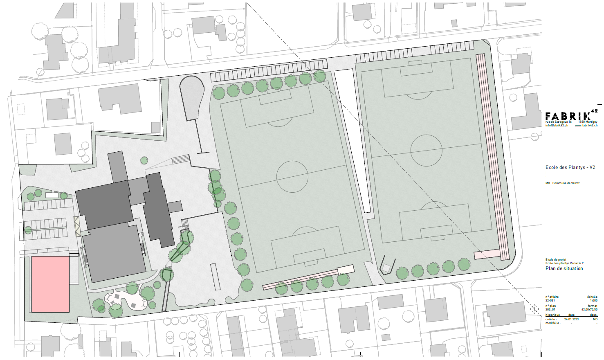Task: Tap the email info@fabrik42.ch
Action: (x=557, y=126)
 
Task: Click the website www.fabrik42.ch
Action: (x=586, y=126)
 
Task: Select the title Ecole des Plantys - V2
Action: (x=570, y=167)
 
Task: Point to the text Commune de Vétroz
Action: (x=566, y=183)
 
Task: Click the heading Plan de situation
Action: (x=564, y=269)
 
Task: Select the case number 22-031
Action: (x=550, y=301)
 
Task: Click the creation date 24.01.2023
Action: (x=571, y=319)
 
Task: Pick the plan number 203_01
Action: (x=550, y=310)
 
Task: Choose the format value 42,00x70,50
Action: (x=589, y=310)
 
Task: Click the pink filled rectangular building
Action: (x=50, y=284)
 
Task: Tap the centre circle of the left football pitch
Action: (x=292, y=176)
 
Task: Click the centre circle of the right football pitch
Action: (x=426, y=150)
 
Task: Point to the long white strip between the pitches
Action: (x=353, y=139)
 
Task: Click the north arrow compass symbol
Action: (x=534, y=309)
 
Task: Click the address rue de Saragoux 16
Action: (x=559, y=122)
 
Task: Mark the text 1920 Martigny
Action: (x=588, y=122)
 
